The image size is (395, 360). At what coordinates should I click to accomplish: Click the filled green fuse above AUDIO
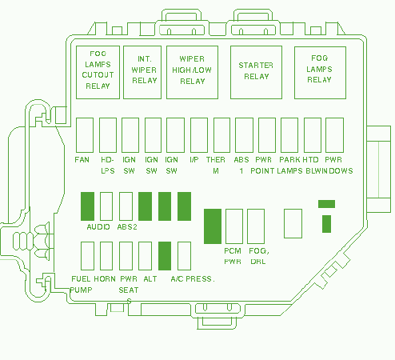(x=87, y=206)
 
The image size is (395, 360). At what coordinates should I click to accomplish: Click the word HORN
(x=105, y=279)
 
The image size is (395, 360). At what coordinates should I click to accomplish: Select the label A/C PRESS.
(x=193, y=279)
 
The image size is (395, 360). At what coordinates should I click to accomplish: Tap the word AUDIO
(x=98, y=227)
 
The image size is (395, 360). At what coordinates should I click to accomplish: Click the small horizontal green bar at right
(x=326, y=204)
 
